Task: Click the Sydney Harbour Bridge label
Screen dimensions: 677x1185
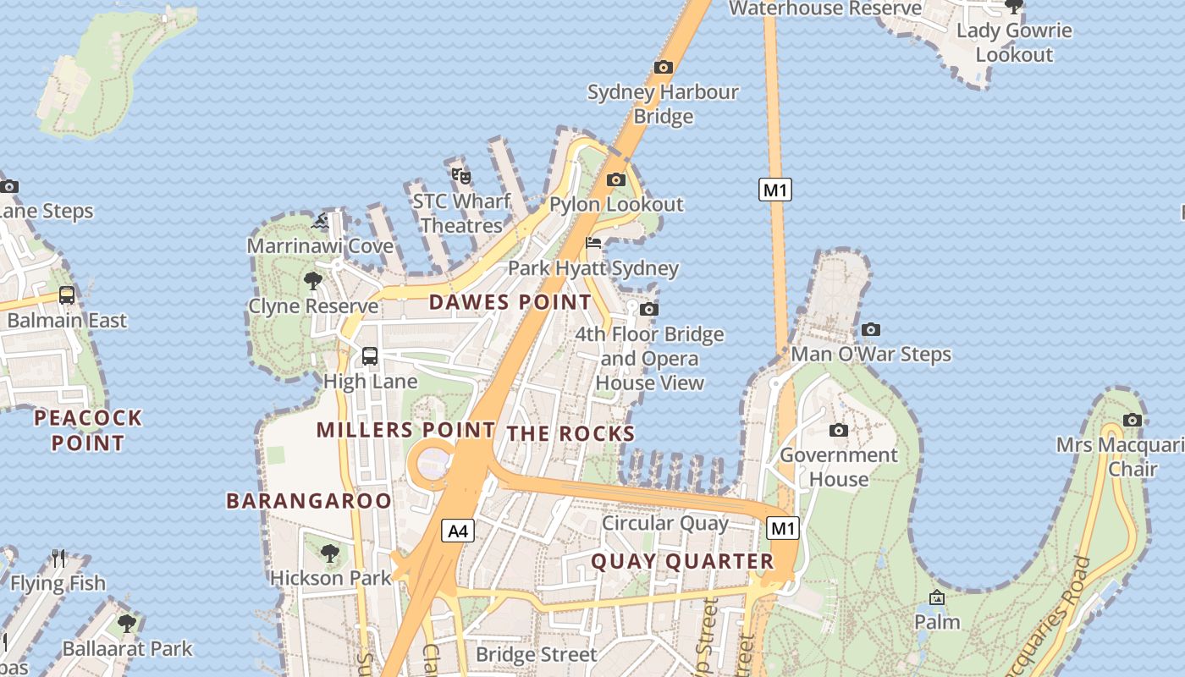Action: pyautogui.click(x=663, y=103)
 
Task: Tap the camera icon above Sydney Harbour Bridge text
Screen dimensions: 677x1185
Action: pyautogui.click(x=664, y=67)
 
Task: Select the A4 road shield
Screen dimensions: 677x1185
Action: pyautogui.click(x=457, y=531)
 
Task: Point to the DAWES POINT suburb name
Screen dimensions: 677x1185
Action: pyautogui.click(x=510, y=302)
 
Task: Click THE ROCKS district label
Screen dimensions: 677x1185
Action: pyautogui.click(x=570, y=434)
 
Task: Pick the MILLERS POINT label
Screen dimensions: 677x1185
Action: pyautogui.click(x=405, y=430)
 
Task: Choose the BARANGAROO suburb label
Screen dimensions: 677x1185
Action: pyautogui.click(x=309, y=501)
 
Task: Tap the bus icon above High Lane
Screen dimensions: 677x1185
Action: pyautogui.click(x=370, y=356)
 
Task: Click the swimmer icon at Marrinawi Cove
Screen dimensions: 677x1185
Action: pyautogui.click(x=320, y=222)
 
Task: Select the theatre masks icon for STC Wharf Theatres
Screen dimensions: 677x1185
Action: pyautogui.click(x=461, y=176)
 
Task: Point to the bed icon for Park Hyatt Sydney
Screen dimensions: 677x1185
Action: pyautogui.click(x=593, y=244)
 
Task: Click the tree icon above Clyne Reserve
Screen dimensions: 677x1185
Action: pyautogui.click(x=313, y=281)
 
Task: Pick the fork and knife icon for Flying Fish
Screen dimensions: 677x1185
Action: pyautogui.click(x=58, y=558)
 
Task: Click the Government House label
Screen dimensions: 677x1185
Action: pyautogui.click(x=837, y=466)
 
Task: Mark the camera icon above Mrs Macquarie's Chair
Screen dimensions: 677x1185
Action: pyautogui.click(x=1133, y=420)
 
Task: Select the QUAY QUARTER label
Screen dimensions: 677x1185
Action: pyautogui.click(x=682, y=561)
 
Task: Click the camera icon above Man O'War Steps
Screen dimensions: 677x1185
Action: pyautogui.click(x=871, y=329)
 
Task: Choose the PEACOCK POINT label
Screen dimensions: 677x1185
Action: pyautogui.click(x=88, y=430)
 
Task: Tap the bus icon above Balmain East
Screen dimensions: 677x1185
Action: pyautogui.click(x=67, y=295)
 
